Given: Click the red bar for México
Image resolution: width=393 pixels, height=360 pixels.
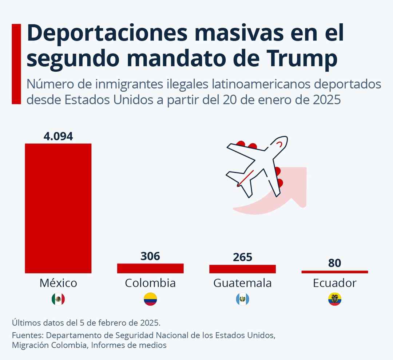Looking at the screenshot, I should coord(58,208).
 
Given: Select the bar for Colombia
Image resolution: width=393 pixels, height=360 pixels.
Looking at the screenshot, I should coord(150,268).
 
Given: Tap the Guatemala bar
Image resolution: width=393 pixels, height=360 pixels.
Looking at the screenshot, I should coord(242,269).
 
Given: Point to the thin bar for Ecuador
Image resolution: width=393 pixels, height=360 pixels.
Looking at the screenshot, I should coord(335,272).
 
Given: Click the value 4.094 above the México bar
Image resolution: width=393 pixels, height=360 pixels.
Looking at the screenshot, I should coord(58,136).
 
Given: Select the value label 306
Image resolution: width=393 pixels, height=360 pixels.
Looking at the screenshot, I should coord(150,256).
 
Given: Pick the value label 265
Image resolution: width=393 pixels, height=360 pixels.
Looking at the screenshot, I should coord(242,257).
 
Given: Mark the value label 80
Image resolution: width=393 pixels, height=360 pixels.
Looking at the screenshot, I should coord(335,263).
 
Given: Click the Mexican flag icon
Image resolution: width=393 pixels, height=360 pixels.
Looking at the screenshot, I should coord(58,299).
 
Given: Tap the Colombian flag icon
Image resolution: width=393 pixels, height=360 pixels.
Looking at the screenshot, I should coord(150,299).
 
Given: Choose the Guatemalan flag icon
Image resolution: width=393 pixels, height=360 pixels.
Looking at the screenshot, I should coord(242,299).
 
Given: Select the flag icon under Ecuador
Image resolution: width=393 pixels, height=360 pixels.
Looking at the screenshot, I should coord(335,299).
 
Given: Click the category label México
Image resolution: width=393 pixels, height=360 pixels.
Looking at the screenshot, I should coord(58,283).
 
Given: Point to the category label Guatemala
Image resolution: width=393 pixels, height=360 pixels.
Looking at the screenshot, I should coord(242,283).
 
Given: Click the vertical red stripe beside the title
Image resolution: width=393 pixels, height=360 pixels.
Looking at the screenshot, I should coord(16,64).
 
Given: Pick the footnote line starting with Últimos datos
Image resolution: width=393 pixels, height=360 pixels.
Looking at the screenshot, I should coord(86,323).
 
